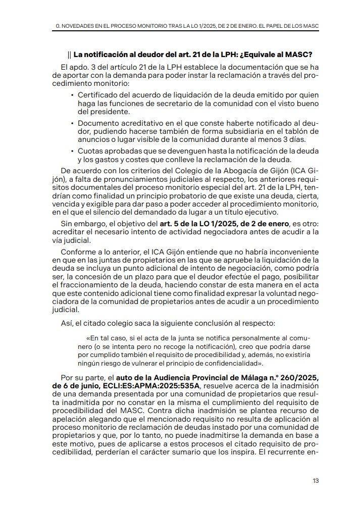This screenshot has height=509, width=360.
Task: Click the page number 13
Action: click(315, 480)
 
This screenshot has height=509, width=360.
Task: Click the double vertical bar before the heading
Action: click(69, 55)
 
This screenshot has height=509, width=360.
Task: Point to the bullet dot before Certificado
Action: click(72, 95)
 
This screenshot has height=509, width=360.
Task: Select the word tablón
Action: click(294, 131)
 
